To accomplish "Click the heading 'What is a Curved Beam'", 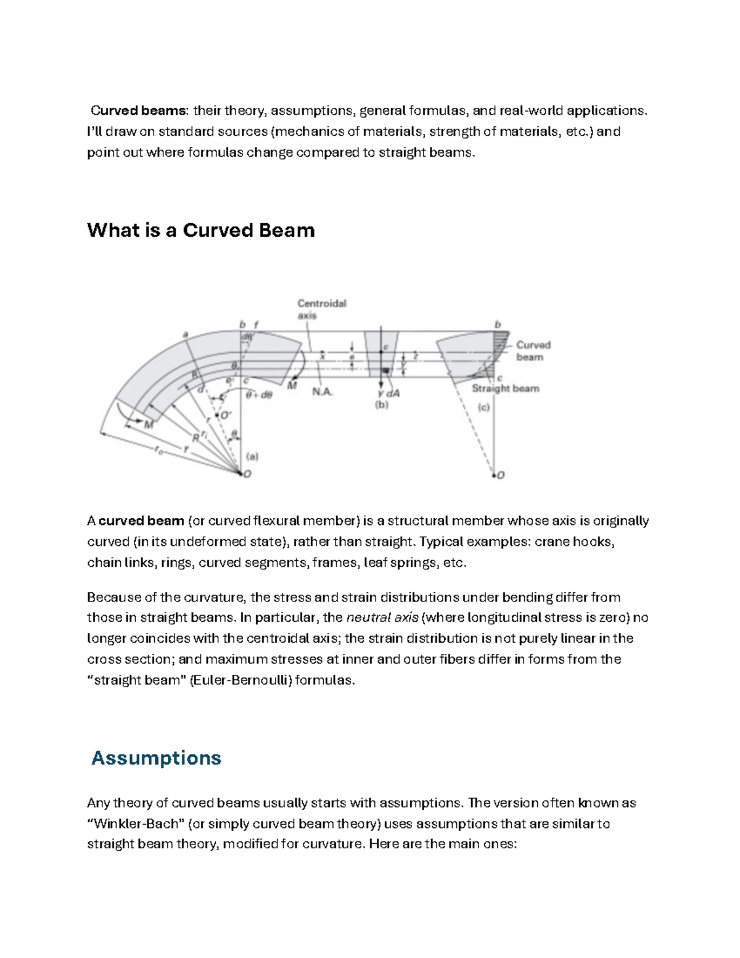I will click(x=201, y=230).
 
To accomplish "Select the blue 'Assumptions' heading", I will click(x=156, y=758).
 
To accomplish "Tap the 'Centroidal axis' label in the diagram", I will click(x=321, y=309).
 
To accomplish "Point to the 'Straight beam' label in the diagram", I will click(x=505, y=389).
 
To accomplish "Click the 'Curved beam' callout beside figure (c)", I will click(x=533, y=351).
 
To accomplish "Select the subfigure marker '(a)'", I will click(x=252, y=457).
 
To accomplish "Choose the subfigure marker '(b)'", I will click(x=382, y=405).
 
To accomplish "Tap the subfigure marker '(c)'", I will click(x=483, y=408).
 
